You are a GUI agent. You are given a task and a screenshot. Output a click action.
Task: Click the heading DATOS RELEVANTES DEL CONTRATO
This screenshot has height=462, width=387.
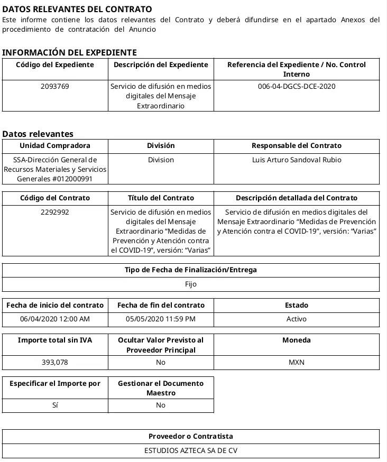click(77, 9)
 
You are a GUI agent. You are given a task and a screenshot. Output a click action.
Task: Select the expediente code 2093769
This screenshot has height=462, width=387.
click(55, 86)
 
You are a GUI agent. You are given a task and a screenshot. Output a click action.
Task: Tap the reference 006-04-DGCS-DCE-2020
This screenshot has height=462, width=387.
click(296, 86)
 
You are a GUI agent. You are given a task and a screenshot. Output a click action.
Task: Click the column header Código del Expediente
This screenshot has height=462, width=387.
click(55, 64)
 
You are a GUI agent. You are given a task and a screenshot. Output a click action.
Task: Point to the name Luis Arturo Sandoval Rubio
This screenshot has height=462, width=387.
click(296, 160)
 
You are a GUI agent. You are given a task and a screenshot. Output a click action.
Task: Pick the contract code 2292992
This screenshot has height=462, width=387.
click(55, 212)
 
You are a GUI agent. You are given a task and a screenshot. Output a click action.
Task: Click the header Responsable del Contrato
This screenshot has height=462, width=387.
click(296, 145)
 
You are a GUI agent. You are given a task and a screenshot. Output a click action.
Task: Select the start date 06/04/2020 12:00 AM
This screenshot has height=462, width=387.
click(55, 319)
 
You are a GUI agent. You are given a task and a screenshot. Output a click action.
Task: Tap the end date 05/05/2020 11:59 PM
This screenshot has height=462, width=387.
click(161, 319)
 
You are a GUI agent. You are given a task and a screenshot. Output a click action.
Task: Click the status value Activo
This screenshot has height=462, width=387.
click(296, 319)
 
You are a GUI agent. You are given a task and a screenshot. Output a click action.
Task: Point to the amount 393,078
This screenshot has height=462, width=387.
click(55, 362)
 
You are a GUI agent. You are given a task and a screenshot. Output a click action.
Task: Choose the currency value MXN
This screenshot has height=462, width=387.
click(296, 362)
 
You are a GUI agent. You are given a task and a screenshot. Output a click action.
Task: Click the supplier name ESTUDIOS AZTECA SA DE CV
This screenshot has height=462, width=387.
click(191, 451)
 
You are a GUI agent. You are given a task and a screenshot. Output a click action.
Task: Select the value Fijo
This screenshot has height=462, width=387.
click(191, 284)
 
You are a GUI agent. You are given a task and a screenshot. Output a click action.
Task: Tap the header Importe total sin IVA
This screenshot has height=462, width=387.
click(55, 340)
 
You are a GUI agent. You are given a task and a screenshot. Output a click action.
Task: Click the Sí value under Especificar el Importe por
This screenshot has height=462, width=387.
click(55, 405)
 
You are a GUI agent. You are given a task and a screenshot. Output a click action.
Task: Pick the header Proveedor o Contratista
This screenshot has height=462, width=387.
click(191, 436)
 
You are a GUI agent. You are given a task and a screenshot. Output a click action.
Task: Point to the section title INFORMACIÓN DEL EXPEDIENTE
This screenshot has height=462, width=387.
click(70, 52)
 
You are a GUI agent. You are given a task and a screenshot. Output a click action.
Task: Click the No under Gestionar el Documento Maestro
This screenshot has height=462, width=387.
click(161, 405)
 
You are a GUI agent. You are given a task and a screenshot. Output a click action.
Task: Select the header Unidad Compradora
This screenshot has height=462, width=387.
click(55, 145)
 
